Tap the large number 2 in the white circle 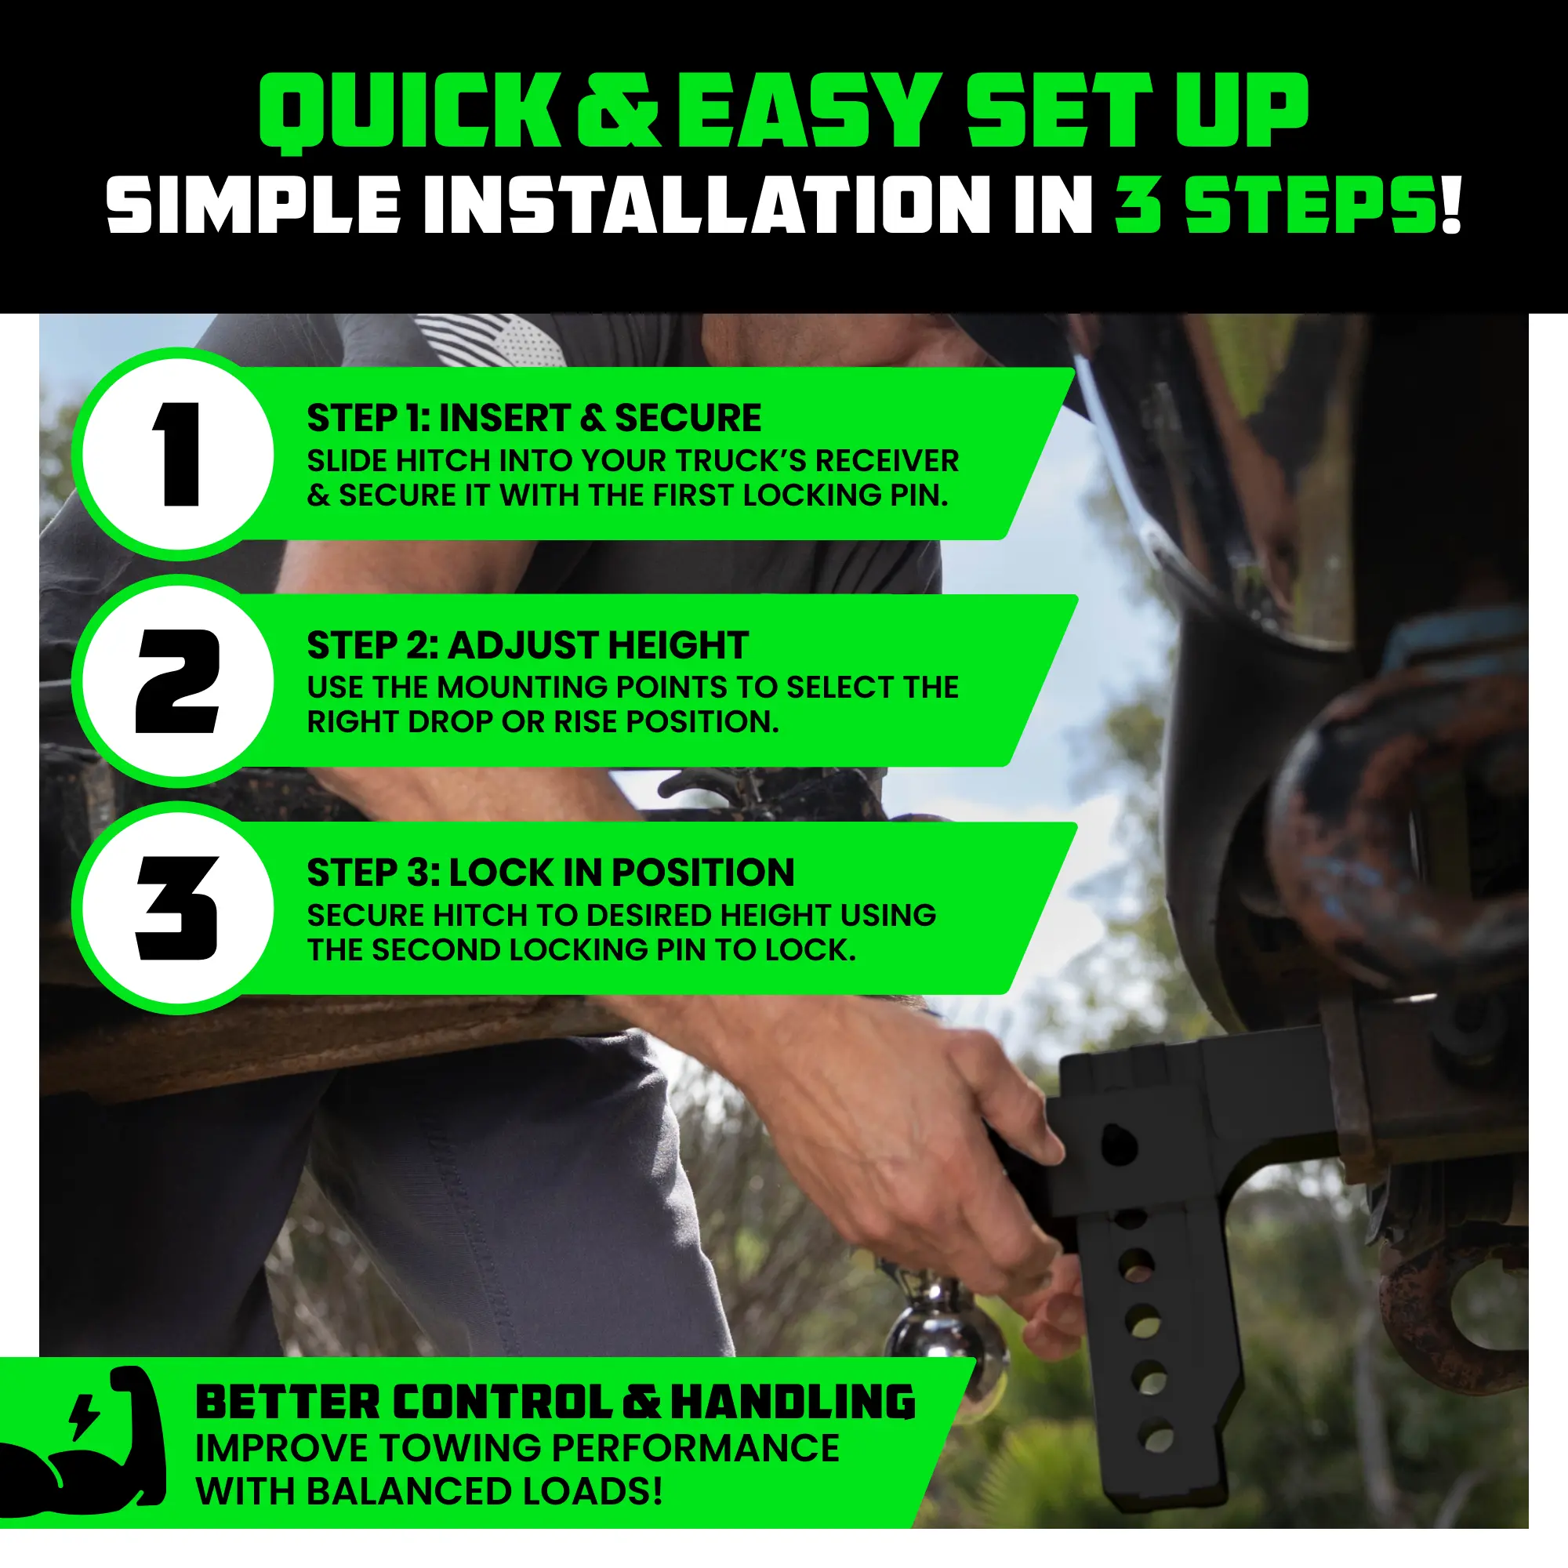coord(178,681)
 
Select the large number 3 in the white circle coord(178,908)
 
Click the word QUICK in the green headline coord(409,112)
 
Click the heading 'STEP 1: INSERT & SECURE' coord(534,418)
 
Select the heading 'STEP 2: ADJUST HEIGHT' coord(528,645)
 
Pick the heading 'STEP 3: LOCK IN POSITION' coord(551,873)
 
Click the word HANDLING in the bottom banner coord(793,1402)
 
